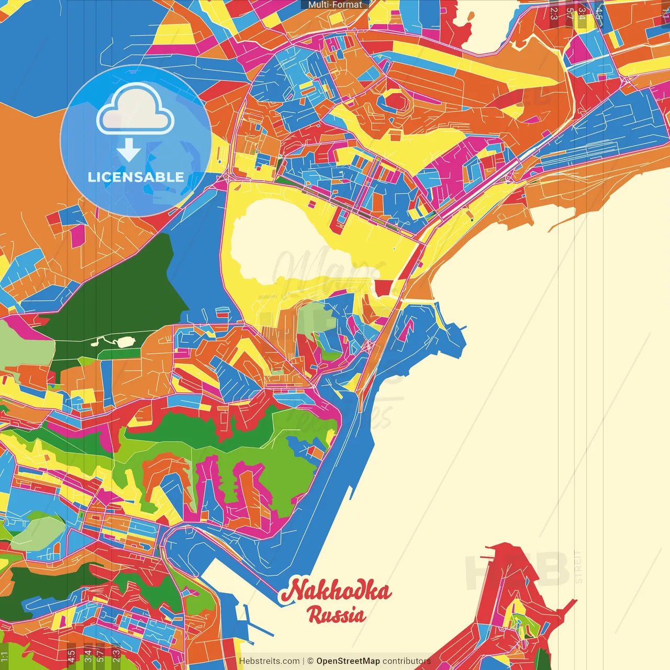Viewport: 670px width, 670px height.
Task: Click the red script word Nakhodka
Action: click(x=336, y=591)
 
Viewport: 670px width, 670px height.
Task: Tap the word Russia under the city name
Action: click(x=337, y=615)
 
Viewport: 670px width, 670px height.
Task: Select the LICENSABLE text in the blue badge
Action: click(x=136, y=177)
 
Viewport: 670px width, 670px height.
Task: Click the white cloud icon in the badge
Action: click(x=136, y=109)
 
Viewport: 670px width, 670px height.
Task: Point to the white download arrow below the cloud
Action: click(x=129, y=150)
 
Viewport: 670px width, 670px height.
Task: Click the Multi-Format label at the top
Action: click(x=335, y=5)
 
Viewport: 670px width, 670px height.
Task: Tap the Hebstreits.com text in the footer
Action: click(x=270, y=661)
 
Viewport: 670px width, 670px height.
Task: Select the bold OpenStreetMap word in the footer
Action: click(x=348, y=661)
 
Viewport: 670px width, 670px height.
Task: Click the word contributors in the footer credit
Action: click(x=407, y=661)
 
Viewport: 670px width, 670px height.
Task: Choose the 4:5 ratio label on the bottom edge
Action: click(x=72, y=655)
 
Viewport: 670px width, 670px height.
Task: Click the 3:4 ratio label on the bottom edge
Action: click(x=88, y=655)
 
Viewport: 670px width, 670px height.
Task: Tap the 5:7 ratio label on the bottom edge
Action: click(x=100, y=655)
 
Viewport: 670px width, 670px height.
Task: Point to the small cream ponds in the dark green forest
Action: click(x=116, y=342)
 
